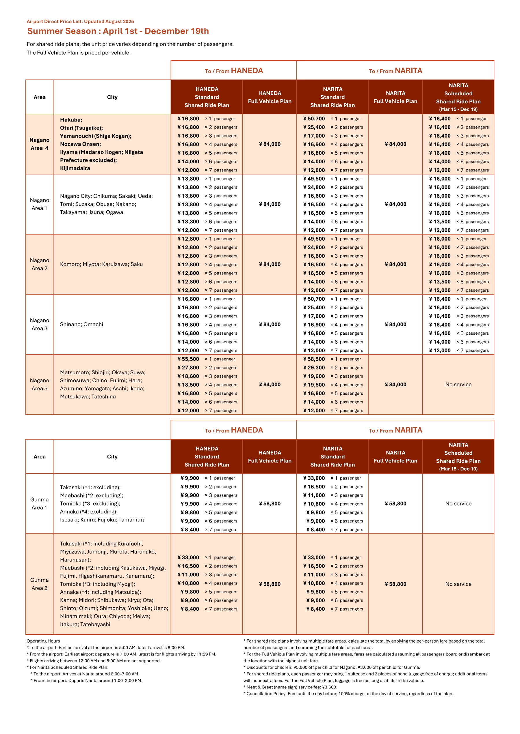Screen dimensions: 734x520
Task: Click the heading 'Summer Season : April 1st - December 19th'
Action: click(118, 31)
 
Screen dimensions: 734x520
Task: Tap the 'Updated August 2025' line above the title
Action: click(109, 21)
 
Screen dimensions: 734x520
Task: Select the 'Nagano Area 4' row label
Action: click(39, 144)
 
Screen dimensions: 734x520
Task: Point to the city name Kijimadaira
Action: click(75, 168)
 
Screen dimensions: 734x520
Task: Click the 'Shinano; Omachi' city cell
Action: click(82, 324)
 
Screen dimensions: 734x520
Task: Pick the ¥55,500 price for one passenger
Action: click(188, 359)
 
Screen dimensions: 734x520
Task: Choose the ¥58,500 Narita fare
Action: click(314, 359)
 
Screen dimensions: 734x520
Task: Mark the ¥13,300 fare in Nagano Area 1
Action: click(188, 221)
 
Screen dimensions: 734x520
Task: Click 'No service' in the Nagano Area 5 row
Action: click(458, 384)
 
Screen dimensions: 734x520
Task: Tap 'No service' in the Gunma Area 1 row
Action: click(458, 503)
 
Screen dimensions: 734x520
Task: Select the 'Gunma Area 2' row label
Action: click(39, 584)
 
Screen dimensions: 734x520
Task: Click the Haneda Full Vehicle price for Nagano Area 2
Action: click(270, 264)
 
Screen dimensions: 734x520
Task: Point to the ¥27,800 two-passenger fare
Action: click(188, 368)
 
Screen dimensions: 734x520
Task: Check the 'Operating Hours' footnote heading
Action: click(43, 641)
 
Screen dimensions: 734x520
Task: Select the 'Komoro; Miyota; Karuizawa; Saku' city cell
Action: click(101, 264)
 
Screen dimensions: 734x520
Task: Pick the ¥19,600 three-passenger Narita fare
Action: click(314, 376)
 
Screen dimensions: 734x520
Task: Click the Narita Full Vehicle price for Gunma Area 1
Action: click(395, 503)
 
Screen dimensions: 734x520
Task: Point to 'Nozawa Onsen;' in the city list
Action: click(80, 144)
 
